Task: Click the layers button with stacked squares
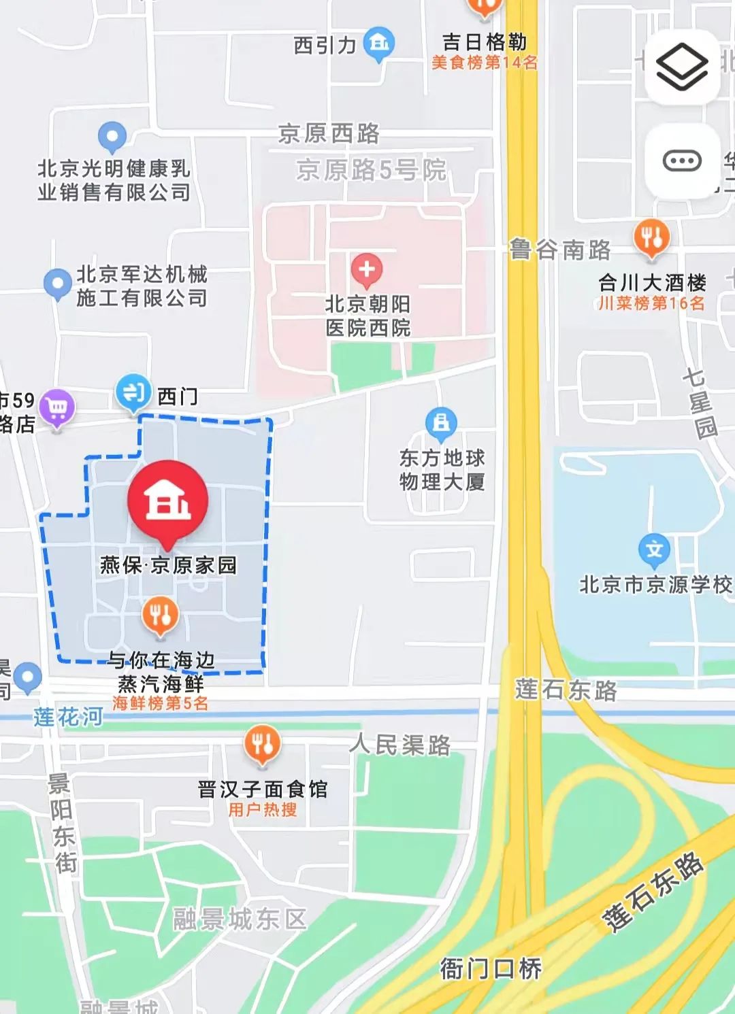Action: tap(681, 67)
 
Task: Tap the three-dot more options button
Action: tap(681, 161)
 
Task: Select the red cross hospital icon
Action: tap(366, 269)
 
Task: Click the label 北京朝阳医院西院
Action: tap(367, 316)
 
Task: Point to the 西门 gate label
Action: tap(178, 396)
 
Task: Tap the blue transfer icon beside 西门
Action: tap(133, 392)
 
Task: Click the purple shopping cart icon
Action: tap(57, 407)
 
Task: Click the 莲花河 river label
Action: tap(68, 716)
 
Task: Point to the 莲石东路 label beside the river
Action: tap(566, 690)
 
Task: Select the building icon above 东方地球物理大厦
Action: tap(442, 423)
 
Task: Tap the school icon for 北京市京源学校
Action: tap(654, 550)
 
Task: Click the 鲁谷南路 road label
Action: tap(560, 250)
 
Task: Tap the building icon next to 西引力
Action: tap(379, 44)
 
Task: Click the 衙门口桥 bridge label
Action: tap(491, 968)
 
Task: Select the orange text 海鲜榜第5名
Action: tap(161, 703)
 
